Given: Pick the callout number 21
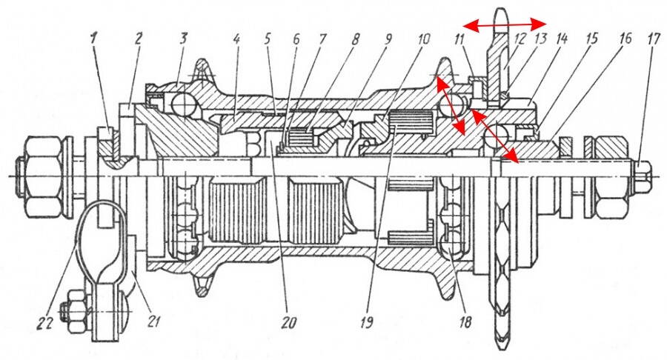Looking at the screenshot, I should click(154, 321).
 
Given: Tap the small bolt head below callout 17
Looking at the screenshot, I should click(642, 176).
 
